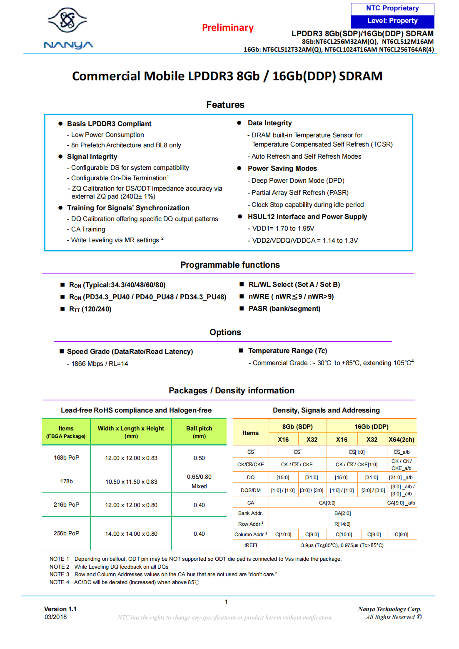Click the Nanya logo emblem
click(67, 20)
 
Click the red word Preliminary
click(228, 28)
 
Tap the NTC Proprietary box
click(392, 9)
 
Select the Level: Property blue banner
click(392, 21)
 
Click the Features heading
click(225, 105)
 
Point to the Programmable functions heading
click(230, 265)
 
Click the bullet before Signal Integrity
click(60, 157)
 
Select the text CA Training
click(88, 229)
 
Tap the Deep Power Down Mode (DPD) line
click(297, 181)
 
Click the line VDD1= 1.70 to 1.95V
click(283, 229)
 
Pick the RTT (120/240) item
click(90, 309)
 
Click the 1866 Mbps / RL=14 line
click(100, 364)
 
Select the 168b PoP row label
click(66, 458)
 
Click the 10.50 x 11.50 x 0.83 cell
click(131, 482)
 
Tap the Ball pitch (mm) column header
click(199, 432)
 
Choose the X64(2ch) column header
click(401, 440)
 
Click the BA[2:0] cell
click(342, 513)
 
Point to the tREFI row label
click(251, 545)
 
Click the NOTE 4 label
click(59, 582)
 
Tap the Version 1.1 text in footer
click(60, 609)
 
